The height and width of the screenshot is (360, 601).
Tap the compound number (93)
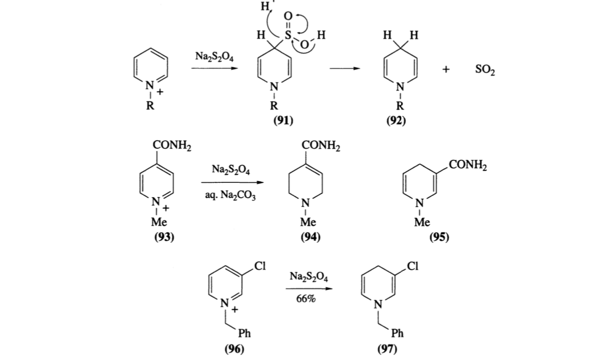(x=164, y=237)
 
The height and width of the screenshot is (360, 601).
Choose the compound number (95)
(x=439, y=237)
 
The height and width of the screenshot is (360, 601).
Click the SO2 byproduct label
(x=485, y=70)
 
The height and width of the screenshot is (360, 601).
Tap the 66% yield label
(x=306, y=299)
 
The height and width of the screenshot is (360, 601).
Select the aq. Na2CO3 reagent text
(x=229, y=197)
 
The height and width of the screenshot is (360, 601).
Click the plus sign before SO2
(x=446, y=70)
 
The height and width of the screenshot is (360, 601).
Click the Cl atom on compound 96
(x=260, y=265)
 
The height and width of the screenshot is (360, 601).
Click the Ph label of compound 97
(x=397, y=333)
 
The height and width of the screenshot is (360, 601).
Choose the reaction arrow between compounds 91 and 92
(x=344, y=68)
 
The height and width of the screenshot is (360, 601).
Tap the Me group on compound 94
(x=308, y=222)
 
